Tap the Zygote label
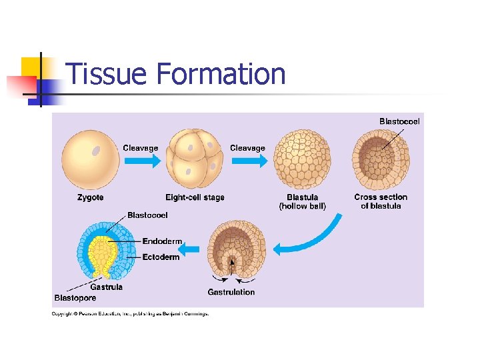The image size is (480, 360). (90, 197)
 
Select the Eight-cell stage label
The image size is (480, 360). (195, 197)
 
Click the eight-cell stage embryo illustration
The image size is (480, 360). (195, 160)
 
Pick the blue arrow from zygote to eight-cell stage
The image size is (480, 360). (141, 161)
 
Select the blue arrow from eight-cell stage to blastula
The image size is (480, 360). (248, 161)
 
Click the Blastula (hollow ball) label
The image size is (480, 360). (302, 201)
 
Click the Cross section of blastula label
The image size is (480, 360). (381, 201)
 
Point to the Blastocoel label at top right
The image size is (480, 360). (399, 121)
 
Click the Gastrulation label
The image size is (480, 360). (231, 292)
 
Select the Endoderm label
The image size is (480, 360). (162, 241)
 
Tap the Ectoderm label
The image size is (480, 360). (161, 257)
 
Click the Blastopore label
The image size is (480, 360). (75, 298)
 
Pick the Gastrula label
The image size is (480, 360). (107, 287)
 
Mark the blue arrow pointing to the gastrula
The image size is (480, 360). (192, 249)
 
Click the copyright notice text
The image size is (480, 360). (131, 313)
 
